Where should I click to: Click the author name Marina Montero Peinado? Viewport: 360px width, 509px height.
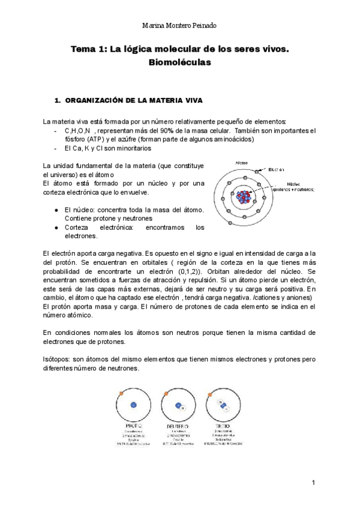180,26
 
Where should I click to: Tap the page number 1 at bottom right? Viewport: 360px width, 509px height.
313,483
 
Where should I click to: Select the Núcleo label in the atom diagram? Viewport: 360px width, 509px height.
293,184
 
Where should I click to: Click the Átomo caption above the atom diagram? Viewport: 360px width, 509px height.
242,163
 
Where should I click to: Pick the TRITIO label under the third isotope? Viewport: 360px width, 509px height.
223,426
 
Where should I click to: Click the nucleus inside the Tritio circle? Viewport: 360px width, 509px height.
223,405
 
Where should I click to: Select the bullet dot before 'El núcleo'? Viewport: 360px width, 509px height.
55,211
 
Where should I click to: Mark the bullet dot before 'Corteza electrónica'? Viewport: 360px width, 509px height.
55,227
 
